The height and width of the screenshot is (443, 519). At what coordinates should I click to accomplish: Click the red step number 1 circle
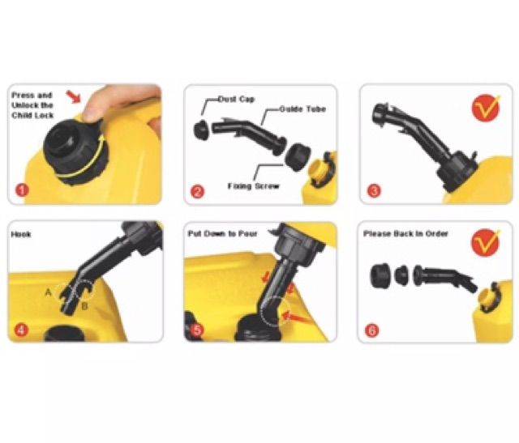coord(23,190)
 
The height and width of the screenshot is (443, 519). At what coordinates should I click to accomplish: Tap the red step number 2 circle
coord(198,192)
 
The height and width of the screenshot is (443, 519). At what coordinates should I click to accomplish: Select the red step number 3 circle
coord(375,191)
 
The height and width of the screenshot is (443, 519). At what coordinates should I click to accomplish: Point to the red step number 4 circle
coord(22,330)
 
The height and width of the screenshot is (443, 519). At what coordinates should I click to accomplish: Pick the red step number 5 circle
coord(197,330)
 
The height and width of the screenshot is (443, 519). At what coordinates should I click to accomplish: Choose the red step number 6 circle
coord(372,330)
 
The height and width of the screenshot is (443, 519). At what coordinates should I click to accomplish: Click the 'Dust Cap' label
coord(236,99)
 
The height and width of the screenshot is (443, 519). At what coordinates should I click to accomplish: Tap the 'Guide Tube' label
coord(302,109)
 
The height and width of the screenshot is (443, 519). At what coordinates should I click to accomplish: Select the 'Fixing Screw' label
coord(254,186)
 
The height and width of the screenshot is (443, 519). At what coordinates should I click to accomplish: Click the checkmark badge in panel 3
coord(486,108)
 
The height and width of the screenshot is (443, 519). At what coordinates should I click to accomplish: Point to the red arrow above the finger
coord(74,96)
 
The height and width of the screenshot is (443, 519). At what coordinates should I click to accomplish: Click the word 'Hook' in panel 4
coord(21,234)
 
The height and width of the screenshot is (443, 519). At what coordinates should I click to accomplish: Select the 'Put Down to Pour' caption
coord(223,234)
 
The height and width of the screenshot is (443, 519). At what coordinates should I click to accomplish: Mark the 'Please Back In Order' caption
coord(405,234)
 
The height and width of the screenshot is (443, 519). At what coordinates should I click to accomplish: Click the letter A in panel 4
coord(49,292)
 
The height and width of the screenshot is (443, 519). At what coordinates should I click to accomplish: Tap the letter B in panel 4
coord(84,306)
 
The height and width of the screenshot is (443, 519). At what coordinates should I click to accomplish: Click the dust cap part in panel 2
coord(202,130)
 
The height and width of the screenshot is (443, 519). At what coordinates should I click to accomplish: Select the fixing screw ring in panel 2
coord(298,156)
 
